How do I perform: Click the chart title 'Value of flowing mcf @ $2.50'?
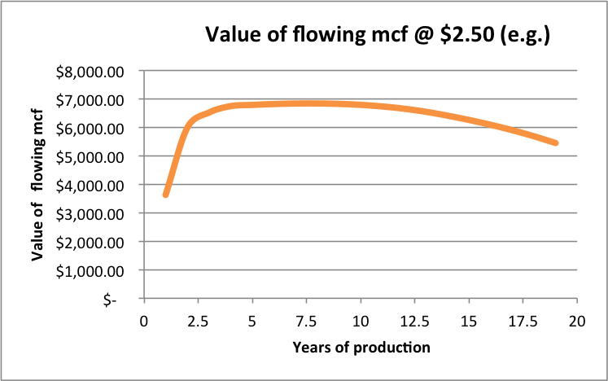pyautogui.click(x=378, y=35)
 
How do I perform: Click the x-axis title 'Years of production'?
pyautogui.click(x=361, y=348)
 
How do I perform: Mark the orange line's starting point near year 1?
pyautogui.click(x=166, y=194)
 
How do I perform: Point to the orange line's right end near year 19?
pyautogui.click(x=555, y=142)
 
